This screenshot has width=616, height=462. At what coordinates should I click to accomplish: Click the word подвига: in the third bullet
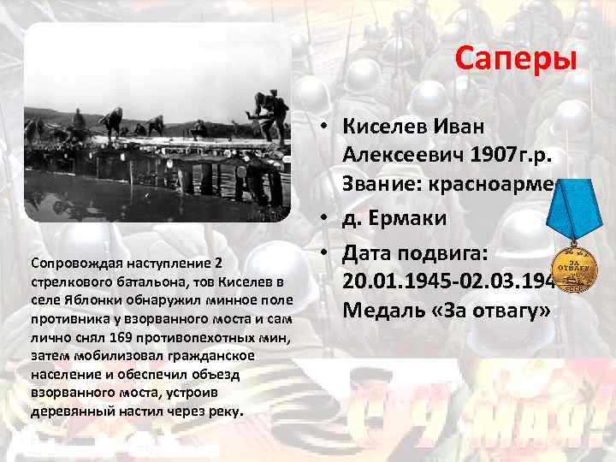point(464,253)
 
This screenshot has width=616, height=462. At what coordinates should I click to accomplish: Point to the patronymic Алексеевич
point(402,156)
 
